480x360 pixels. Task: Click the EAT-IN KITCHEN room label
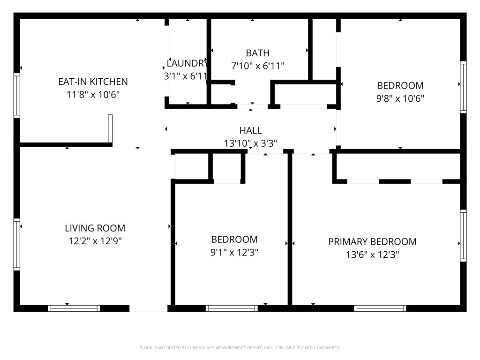[x=93, y=82]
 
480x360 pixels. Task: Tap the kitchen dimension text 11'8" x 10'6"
[x=93, y=95]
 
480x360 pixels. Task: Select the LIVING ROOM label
[x=95, y=228]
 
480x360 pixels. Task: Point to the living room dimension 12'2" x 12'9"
[x=95, y=241]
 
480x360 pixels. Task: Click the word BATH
[x=257, y=53]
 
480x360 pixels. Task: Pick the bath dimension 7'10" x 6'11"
[x=257, y=66]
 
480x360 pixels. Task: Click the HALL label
[x=250, y=131]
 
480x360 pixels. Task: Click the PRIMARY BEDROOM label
[x=372, y=242]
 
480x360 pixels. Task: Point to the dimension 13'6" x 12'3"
[x=372, y=255]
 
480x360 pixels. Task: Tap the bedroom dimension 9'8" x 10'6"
[x=400, y=99]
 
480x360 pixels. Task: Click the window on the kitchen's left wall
[x=17, y=95]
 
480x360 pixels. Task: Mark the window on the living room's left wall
[x=17, y=244]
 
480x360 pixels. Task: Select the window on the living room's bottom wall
[x=74, y=308]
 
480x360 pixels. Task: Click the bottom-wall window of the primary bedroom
[x=380, y=308]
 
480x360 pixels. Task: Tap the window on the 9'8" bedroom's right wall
[x=463, y=87]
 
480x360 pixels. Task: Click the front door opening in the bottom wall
[x=148, y=308]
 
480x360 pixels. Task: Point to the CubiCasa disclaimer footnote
[x=240, y=348]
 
